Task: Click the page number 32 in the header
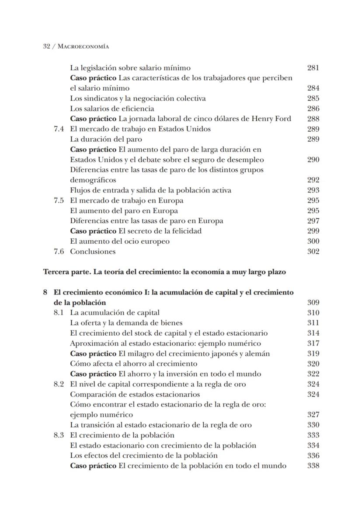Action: [x=47, y=46]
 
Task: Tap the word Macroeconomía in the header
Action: [x=84, y=46]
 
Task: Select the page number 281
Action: [x=313, y=68]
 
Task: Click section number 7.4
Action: [x=59, y=129]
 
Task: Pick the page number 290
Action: [x=313, y=160]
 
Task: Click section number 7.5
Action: [x=59, y=200]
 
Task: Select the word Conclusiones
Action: [x=93, y=252]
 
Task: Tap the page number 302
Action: [x=313, y=252]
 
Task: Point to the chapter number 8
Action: [x=45, y=292]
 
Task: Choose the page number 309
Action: [x=313, y=302]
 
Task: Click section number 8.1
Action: [x=59, y=313]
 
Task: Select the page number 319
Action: [x=313, y=353]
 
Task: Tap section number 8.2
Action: [x=59, y=384]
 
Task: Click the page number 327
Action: [x=313, y=415]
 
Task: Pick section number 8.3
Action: [x=59, y=435]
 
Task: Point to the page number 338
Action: [x=313, y=465]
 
